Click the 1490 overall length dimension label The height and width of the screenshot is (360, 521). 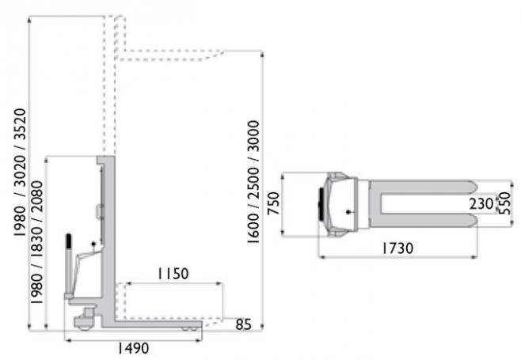click(x=134, y=348)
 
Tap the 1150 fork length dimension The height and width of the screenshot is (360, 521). click(x=173, y=274)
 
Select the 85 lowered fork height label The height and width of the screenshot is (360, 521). click(x=244, y=324)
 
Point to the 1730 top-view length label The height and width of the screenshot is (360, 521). click(x=397, y=248)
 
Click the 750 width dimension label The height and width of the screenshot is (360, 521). click(x=274, y=203)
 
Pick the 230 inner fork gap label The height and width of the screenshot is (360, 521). click(x=481, y=203)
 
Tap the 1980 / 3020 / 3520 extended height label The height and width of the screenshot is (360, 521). click(x=20, y=172)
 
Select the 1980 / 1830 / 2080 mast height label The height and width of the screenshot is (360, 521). click(x=37, y=242)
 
